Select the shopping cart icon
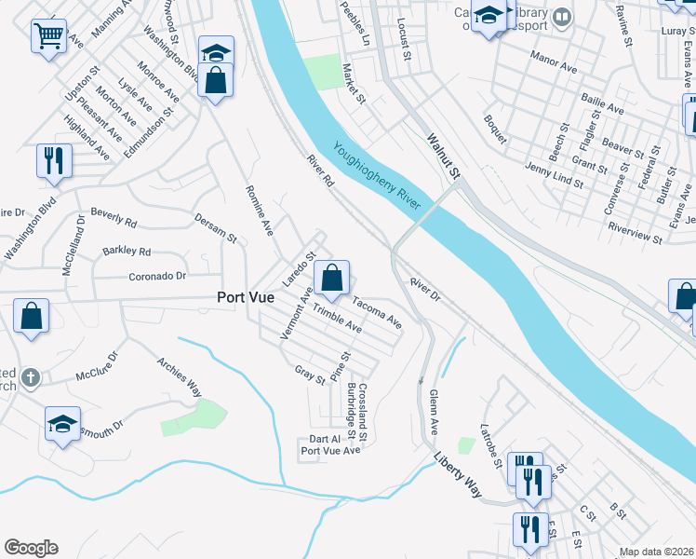point(47,37)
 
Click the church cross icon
point(31,377)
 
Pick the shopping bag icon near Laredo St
point(331,278)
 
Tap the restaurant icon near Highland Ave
point(54,161)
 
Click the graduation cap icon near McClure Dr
point(62,425)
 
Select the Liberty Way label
point(460,474)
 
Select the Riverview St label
point(634,232)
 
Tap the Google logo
point(31,548)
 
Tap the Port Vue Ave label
point(329,450)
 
